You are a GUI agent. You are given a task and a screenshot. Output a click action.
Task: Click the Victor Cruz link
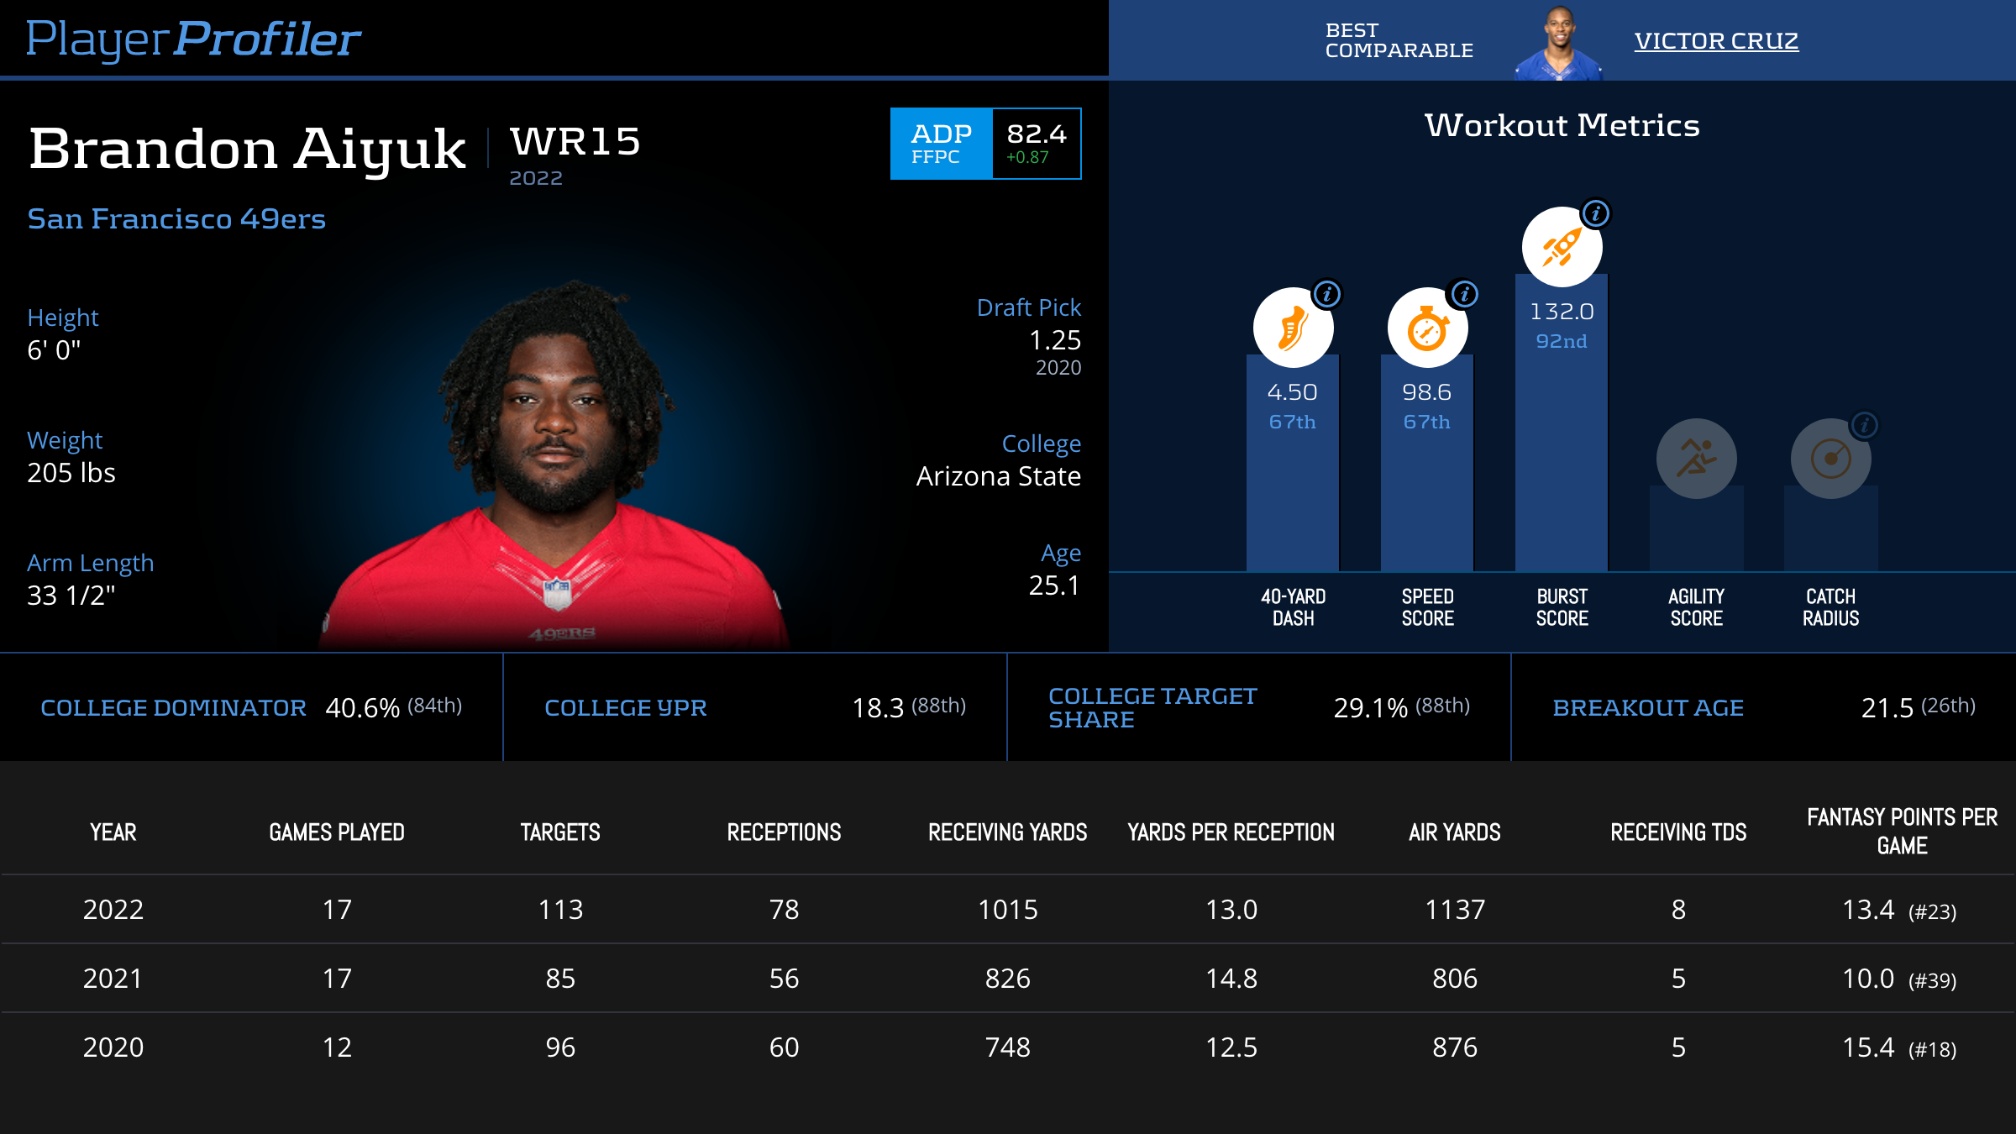click(x=1716, y=40)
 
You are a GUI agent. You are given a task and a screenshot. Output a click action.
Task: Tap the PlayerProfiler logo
click(x=193, y=39)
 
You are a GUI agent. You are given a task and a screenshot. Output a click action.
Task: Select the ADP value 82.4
click(x=1037, y=134)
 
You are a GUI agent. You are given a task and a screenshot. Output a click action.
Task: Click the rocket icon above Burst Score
click(x=1562, y=247)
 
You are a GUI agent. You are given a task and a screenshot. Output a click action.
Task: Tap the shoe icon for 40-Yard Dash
click(x=1293, y=328)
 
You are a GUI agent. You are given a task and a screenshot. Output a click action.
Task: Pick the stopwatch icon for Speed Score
click(x=1427, y=328)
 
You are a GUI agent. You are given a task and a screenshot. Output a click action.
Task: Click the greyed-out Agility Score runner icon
click(x=1696, y=459)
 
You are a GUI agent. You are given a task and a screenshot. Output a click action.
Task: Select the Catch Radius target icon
click(x=1830, y=459)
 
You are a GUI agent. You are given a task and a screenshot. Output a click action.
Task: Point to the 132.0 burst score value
click(x=1562, y=312)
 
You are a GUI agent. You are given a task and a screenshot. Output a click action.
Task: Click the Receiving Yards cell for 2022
click(x=1007, y=910)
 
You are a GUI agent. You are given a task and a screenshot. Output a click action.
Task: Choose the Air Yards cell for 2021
click(x=1455, y=979)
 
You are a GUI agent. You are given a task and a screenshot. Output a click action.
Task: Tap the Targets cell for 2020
click(x=560, y=1047)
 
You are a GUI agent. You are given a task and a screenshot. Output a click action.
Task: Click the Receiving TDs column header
click(x=1678, y=832)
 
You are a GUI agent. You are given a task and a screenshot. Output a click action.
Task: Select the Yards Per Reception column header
click(x=1231, y=832)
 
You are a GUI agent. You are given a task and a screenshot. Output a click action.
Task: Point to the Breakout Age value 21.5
click(x=1887, y=708)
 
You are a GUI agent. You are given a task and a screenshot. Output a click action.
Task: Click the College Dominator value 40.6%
click(x=362, y=708)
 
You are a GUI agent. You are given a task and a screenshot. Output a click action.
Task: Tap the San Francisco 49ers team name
click(x=176, y=219)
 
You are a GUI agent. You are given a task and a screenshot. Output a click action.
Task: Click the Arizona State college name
click(x=998, y=476)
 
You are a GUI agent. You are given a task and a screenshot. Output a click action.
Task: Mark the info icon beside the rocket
click(x=1596, y=213)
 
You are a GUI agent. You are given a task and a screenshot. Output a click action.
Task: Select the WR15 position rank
click(x=575, y=141)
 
